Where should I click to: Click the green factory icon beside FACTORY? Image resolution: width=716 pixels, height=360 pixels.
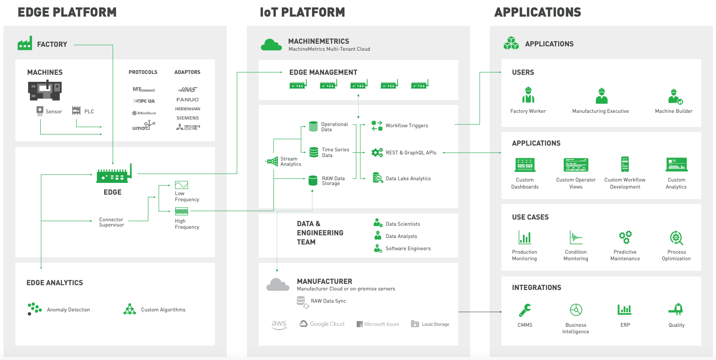pos(25,43)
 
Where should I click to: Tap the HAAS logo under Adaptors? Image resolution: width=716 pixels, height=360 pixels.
pos(188,89)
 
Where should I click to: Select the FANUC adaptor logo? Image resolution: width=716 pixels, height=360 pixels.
pos(188,100)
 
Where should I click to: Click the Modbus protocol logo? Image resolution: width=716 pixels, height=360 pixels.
pos(144,113)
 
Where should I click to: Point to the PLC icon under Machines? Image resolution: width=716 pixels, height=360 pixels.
pos(76,110)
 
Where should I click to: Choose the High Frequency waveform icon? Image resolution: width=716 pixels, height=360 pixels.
pos(181,212)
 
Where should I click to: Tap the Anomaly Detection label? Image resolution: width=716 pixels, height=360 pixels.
pos(68,310)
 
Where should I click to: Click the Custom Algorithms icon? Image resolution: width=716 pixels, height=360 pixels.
pos(130,309)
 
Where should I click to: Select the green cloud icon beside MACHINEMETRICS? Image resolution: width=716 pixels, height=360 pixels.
pos(271,45)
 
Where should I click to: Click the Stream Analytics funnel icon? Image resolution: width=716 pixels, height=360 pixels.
pos(273,161)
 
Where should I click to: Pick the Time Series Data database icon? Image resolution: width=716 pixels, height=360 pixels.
pos(314,152)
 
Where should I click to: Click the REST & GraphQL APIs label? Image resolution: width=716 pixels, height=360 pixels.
pos(411,153)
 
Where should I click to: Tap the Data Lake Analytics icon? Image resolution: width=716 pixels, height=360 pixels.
pos(377,178)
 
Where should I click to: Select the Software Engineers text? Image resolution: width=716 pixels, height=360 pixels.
pos(408,248)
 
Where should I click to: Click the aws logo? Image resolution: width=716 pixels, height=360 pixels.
pos(279,325)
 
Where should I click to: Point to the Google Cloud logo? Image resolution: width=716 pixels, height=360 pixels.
pos(322,324)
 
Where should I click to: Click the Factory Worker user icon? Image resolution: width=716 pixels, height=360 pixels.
pos(528,95)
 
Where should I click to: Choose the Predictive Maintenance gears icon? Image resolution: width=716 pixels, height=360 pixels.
pos(625,237)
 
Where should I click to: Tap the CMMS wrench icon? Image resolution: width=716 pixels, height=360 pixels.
pos(525,310)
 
